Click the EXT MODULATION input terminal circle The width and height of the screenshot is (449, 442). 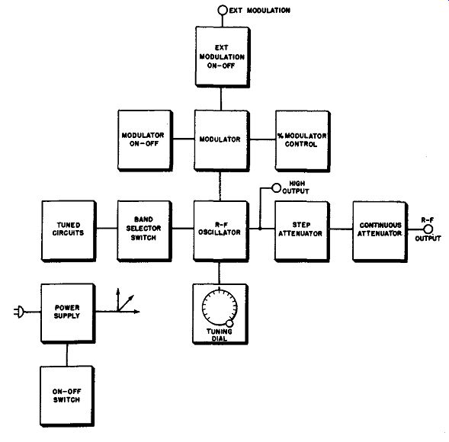223,11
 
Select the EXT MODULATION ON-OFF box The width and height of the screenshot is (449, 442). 223,57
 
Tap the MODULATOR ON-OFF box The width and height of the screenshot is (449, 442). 145,140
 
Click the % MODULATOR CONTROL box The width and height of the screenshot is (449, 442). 303,141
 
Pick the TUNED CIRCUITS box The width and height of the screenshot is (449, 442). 69,231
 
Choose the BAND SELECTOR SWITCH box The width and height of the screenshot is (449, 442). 145,231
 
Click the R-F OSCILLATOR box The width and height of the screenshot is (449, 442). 221,231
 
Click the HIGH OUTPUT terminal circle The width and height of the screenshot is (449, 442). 276,188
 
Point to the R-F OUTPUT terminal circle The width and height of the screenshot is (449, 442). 428,229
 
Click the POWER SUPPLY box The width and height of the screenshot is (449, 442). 68,313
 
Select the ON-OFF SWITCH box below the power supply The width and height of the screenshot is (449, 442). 67,396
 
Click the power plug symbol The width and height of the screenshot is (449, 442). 19,312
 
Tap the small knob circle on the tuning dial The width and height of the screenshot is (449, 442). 229,323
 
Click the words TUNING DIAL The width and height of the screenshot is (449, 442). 220,335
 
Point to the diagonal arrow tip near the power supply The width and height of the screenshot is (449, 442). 133,296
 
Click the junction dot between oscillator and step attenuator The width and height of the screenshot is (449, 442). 260,229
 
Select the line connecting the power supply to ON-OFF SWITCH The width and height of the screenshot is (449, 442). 67,354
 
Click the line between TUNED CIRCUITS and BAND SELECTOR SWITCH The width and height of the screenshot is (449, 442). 107,229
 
